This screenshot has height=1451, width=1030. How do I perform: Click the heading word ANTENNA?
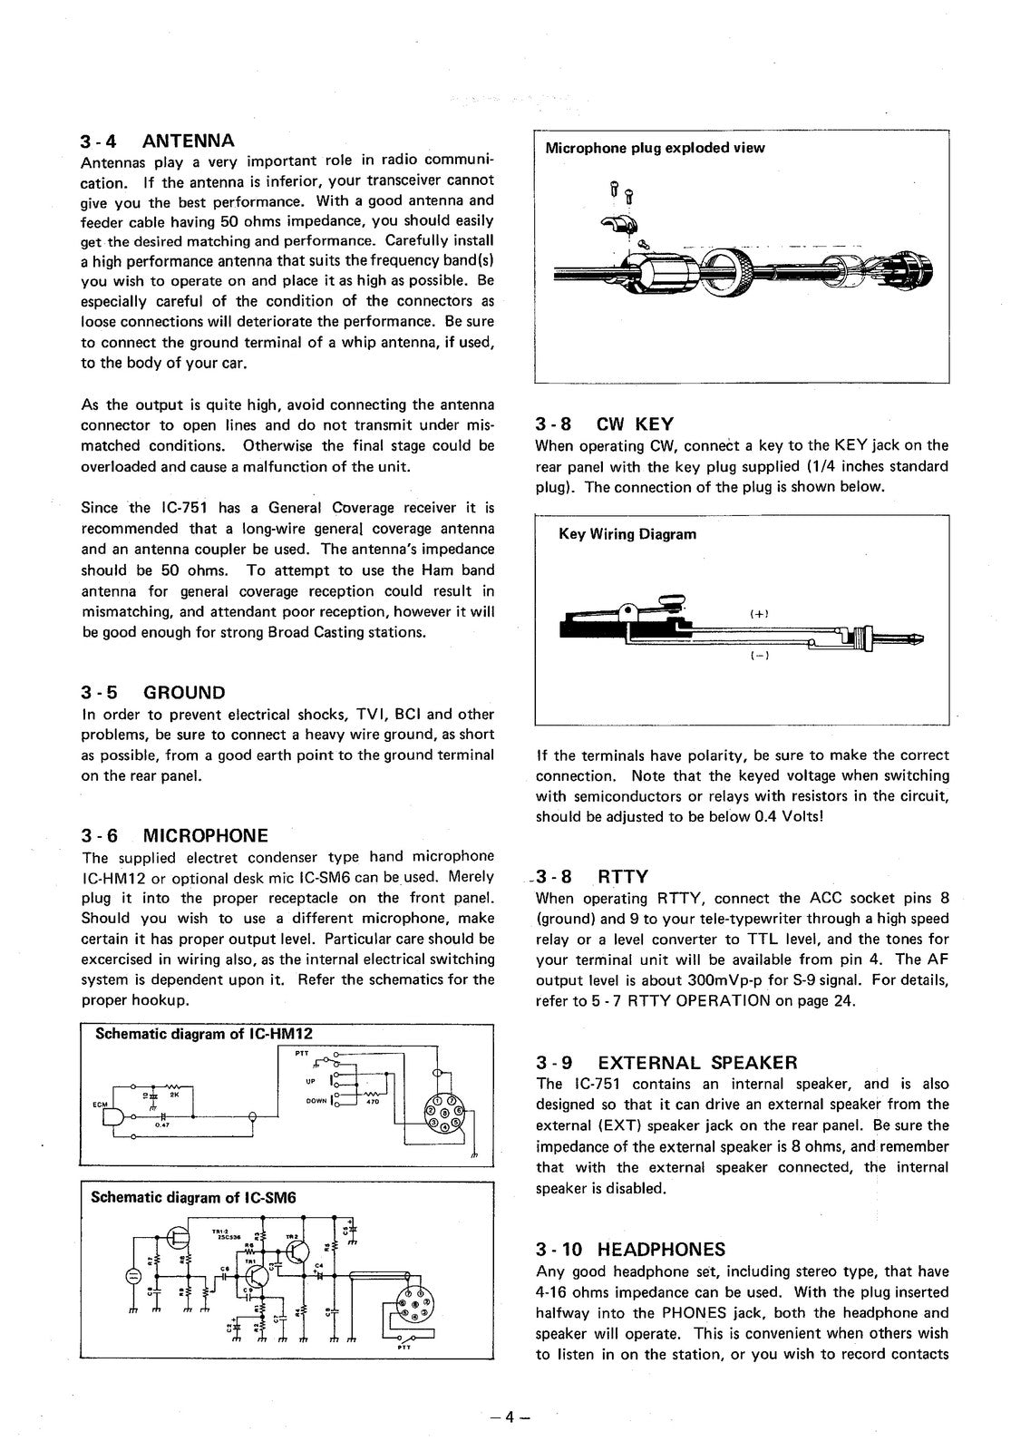point(189,141)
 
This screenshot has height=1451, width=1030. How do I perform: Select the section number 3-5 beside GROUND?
point(100,693)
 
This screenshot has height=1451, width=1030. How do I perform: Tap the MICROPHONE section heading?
point(206,835)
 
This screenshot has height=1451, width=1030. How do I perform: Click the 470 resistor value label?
point(371,1102)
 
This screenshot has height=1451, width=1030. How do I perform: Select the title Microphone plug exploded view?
point(654,148)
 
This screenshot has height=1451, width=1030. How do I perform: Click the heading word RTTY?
point(623,877)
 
